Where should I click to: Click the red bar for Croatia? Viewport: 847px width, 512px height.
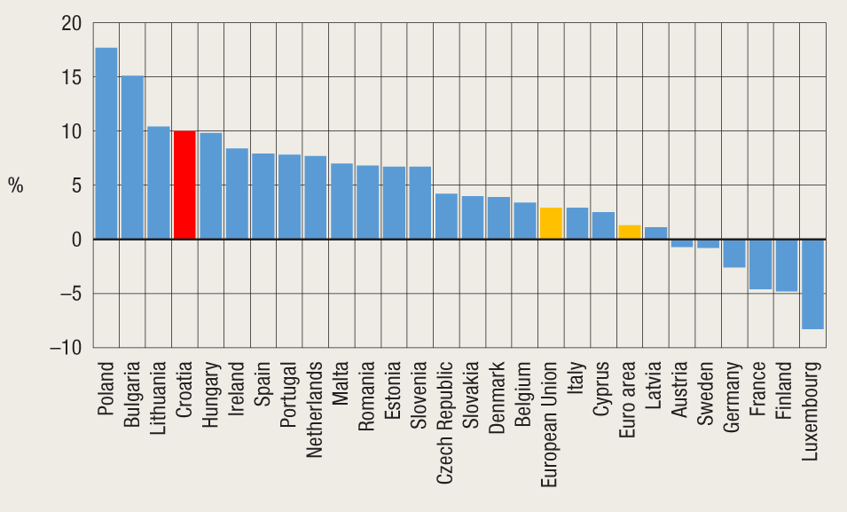point(184,185)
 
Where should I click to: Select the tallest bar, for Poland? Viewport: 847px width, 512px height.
point(106,143)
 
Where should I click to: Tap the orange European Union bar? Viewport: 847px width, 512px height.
point(551,224)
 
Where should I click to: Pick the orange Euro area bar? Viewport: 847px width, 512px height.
point(630,232)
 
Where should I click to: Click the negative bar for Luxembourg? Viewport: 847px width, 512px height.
point(812,284)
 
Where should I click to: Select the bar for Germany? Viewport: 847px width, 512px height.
point(734,253)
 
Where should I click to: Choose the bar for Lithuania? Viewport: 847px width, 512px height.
point(159,183)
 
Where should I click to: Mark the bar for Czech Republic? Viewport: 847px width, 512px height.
point(446,217)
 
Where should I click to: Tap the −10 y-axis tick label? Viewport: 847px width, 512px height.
point(65,348)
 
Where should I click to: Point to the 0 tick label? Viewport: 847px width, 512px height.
point(76,240)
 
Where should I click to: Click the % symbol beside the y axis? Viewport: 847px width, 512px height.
point(16,185)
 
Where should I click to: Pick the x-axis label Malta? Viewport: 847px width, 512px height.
point(341,382)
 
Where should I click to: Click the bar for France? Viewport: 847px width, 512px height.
point(760,264)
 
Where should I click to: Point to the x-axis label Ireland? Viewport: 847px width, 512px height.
point(237,383)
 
